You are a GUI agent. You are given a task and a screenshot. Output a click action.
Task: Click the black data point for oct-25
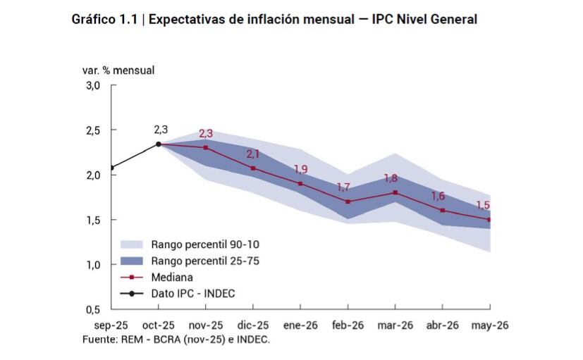(x=159, y=144)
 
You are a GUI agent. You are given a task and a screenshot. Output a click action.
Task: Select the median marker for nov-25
(x=206, y=148)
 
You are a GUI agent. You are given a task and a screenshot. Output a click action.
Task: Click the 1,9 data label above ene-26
(x=301, y=169)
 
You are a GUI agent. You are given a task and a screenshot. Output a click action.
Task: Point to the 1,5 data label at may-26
(x=484, y=205)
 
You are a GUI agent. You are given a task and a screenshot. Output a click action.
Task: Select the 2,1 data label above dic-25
(x=254, y=154)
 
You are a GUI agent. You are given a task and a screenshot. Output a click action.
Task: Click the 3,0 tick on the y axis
(x=93, y=86)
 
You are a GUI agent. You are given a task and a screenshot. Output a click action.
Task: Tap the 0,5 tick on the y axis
(x=93, y=310)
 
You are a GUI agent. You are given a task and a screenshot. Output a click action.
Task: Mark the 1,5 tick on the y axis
(x=93, y=221)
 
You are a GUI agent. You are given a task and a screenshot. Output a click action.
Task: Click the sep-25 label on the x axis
(x=111, y=325)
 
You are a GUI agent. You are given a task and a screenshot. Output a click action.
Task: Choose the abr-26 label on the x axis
(x=443, y=325)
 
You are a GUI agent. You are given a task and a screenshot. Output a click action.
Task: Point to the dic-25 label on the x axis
(x=253, y=325)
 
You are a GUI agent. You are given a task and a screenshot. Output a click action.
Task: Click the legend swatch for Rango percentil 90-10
(x=132, y=245)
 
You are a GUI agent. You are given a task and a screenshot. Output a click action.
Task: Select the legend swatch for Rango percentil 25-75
(x=132, y=261)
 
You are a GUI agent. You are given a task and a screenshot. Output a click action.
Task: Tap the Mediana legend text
(x=172, y=278)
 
